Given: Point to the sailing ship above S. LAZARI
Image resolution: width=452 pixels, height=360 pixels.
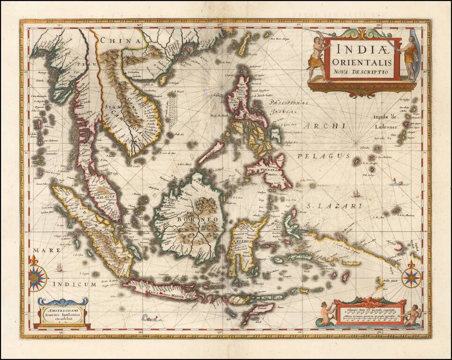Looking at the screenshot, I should [x=357, y=193].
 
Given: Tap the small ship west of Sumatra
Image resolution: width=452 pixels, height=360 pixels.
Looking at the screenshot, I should [x=59, y=267].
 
